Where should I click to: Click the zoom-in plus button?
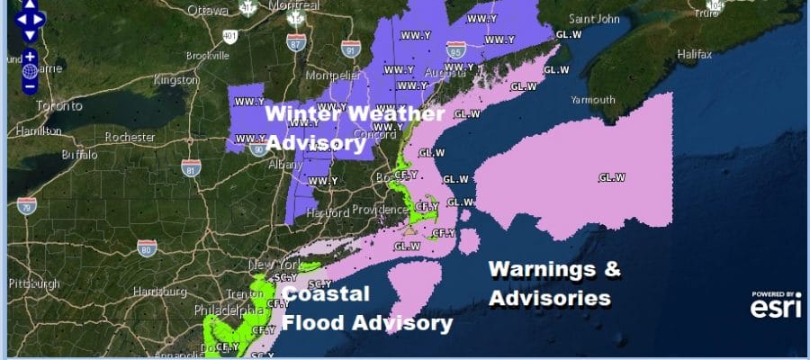pos(30,56)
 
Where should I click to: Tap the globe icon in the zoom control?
pos(30,71)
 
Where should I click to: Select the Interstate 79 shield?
pos(27,206)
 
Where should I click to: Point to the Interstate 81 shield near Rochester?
pos(190,167)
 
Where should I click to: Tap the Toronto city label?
pos(33,105)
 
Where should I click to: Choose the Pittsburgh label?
pos(33,283)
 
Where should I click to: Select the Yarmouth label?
pos(593,99)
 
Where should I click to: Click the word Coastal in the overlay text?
pos(327,294)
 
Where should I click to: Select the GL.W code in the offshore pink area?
pos(611,177)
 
